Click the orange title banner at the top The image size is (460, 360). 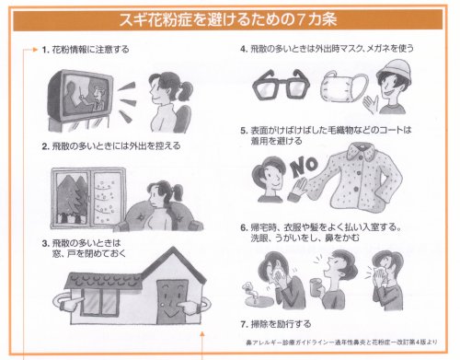pyautogui.click(x=229, y=17)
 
